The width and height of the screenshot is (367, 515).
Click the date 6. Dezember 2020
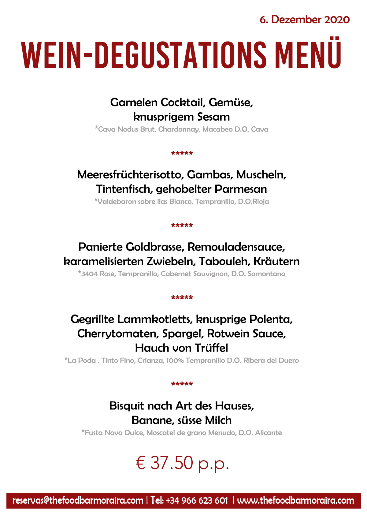(x=304, y=20)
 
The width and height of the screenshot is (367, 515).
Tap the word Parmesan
(x=241, y=189)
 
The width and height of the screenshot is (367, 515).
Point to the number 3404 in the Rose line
(x=89, y=274)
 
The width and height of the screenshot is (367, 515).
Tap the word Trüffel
(x=211, y=348)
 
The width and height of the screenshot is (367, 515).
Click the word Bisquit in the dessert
(x=127, y=406)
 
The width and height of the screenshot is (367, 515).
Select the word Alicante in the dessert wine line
(x=269, y=433)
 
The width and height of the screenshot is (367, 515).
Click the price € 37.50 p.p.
(x=182, y=463)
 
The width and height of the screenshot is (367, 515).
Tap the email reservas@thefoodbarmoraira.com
(x=78, y=501)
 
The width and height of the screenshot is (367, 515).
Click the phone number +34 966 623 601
(x=197, y=501)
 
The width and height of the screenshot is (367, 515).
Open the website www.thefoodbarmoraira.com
(x=295, y=501)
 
